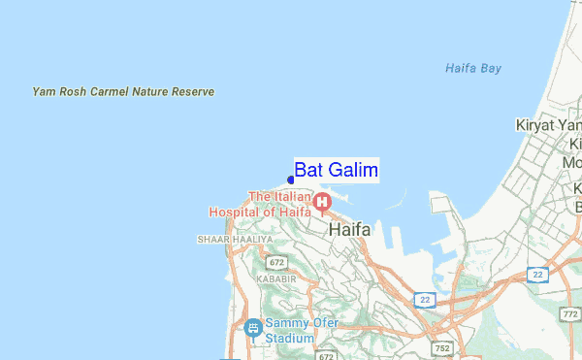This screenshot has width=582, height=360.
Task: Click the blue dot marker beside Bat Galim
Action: point(291,180)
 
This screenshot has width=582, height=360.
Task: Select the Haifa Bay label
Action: point(472,69)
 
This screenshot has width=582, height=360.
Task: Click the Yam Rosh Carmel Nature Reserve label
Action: point(123,92)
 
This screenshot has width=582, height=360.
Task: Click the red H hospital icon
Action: point(321,202)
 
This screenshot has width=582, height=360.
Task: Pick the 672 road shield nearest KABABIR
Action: point(277,263)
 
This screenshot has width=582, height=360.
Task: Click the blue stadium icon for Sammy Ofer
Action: point(253,328)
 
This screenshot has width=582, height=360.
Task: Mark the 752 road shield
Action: point(441,347)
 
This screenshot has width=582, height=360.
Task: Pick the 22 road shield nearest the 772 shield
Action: point(537,275)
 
